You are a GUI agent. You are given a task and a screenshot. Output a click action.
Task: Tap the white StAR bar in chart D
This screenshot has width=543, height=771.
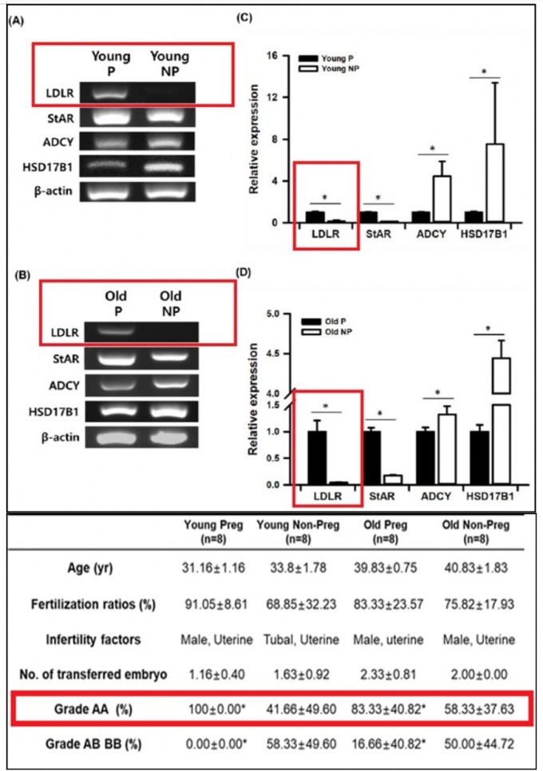391,480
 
